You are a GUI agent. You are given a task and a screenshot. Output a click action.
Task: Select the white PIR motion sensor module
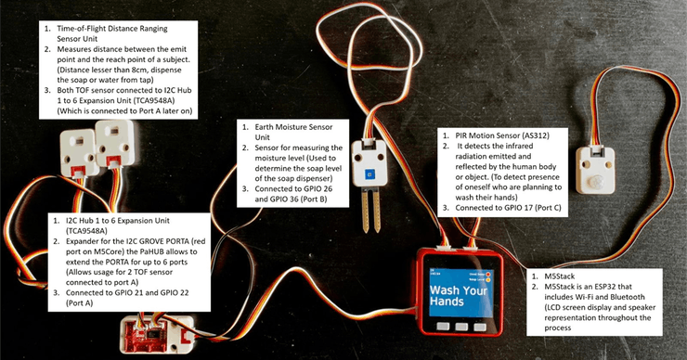(x=598, y=168)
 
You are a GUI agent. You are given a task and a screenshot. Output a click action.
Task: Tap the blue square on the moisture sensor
(x=370, y=174)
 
